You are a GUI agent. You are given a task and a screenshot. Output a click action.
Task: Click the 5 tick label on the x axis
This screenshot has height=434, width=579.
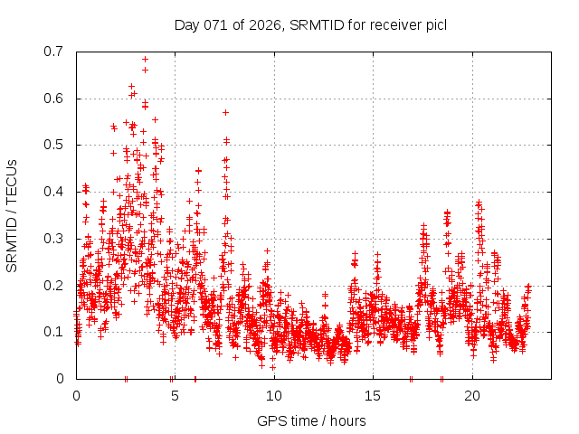175,396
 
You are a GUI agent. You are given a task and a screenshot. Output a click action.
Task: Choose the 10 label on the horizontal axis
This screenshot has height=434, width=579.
274,396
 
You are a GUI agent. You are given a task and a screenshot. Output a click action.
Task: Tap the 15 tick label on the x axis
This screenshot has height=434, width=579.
373,396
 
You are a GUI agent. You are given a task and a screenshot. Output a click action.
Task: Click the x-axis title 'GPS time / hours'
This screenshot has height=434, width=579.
311,420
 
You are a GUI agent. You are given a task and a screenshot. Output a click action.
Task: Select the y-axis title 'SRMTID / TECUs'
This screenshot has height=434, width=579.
13,215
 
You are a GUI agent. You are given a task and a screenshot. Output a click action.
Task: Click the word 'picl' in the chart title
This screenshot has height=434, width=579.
435,24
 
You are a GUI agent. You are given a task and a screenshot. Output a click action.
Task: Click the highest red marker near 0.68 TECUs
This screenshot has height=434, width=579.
145,60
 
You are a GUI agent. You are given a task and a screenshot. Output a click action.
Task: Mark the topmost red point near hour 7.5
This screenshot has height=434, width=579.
225,112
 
